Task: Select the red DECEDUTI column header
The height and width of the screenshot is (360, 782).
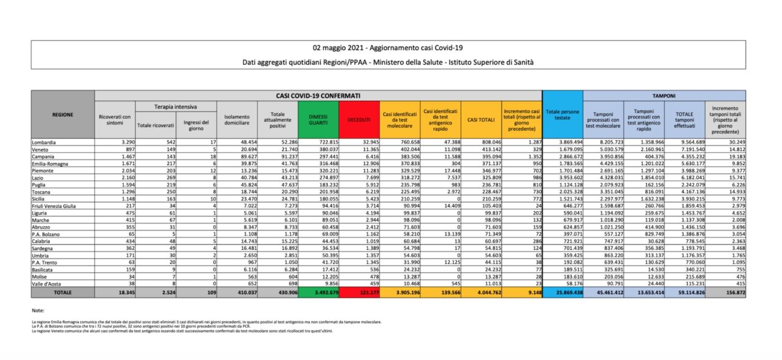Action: [359, 120]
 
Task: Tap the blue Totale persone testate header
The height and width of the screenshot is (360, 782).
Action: [562, 116]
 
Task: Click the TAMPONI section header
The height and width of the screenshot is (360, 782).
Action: [664, 96]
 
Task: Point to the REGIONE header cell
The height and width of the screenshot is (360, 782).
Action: [63, 114]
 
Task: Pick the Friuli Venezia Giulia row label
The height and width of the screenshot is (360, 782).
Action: [54, 207]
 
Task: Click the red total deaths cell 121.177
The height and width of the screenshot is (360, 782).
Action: [359, 293]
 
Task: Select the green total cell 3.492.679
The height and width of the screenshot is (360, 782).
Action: [318, 293]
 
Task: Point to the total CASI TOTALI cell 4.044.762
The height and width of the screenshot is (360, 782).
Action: [481, 293]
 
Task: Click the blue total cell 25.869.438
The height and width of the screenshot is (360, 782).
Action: [562, 293]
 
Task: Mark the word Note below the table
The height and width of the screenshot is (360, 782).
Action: [38, 310]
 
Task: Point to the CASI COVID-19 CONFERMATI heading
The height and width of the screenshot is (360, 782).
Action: [318, 96]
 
